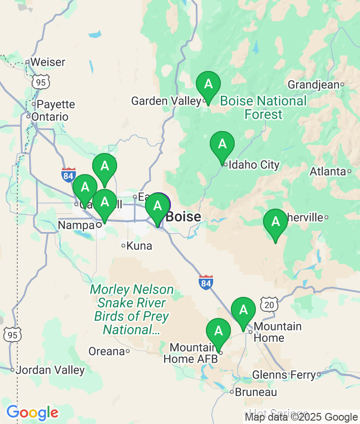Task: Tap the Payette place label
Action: [x=56, y=104]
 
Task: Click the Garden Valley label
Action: [x=166, y=101]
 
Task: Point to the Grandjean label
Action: [x=313, y=85]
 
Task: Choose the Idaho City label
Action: [x=254, y=165]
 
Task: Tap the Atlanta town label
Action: [x=328, y=171]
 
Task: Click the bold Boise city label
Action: [x=183, y=217]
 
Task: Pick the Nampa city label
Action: [x=76, y=225]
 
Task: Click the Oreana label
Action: [x=107, y=352]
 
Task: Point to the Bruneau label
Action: [x=256, y=392]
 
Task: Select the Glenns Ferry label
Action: [x=283, y=375]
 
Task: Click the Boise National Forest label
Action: [x=264, y=108]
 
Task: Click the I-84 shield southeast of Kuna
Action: [x=206, y=283]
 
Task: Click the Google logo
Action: [x=32, y=412]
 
